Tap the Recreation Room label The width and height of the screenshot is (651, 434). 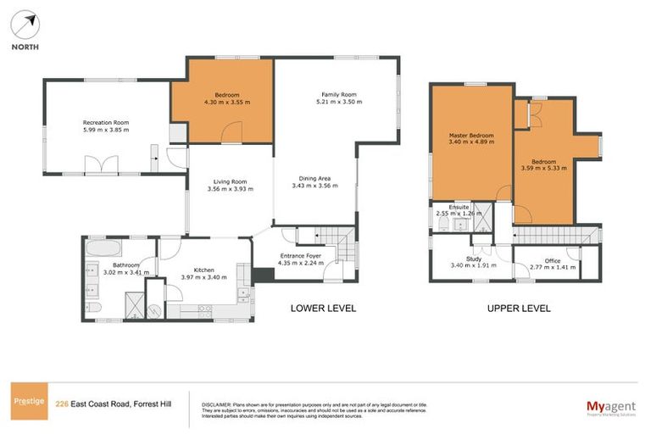pyautogui.click(x=111, y=122)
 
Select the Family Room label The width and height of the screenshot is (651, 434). pyautogui.click(x=338, y=94)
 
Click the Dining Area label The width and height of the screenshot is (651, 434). pyautogui.click(x=314, y=178)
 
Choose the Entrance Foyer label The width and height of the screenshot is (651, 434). pyautogui.click(x=303, y=254)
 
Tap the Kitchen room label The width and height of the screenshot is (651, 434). pyautogui.click(x=193, y=270)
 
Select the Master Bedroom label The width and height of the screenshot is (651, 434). pyautogui.click(x=471, y=136)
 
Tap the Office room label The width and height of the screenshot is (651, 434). pyautogui.click(x=552, y=260)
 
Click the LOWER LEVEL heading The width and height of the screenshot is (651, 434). pyautogui.click(x=323, y=308)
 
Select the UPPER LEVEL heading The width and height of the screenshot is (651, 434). pyautogui.click(x=519, y=308)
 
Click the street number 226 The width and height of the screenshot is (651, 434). pyautogui.click(x=61, y=403)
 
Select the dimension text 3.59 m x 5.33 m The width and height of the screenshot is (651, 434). pyautogui.click(x=544, y=169)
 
